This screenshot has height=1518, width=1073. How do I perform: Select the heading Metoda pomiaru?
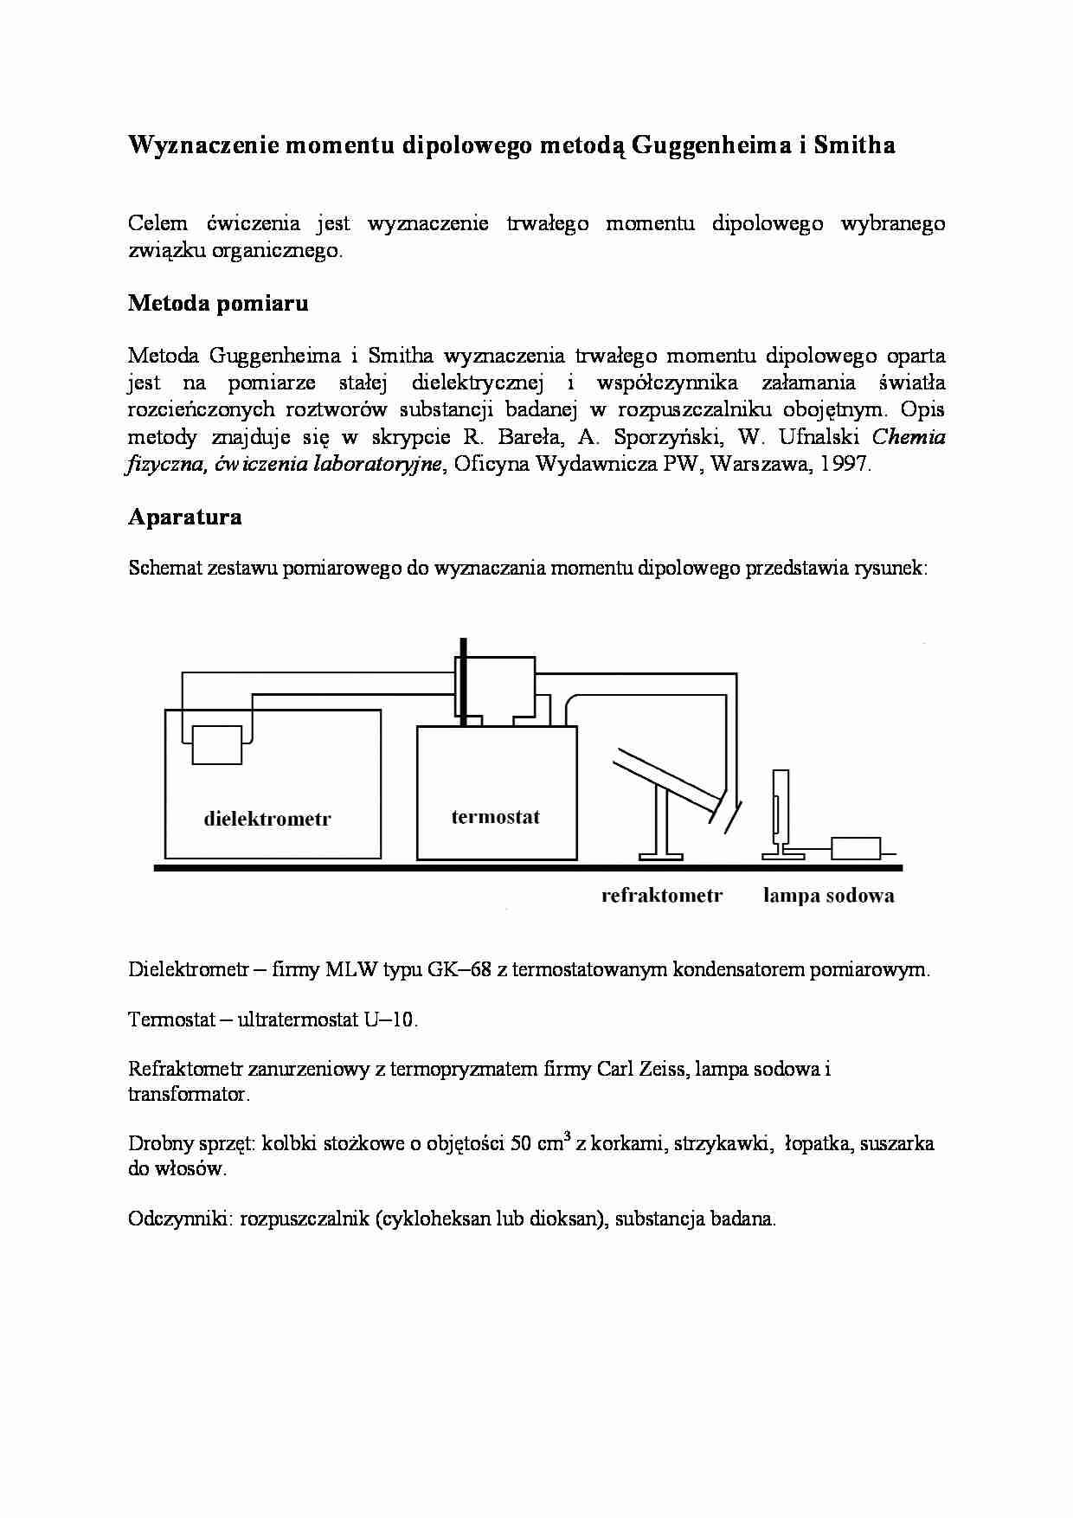(218, 303)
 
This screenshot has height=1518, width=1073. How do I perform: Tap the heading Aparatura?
(185, 517)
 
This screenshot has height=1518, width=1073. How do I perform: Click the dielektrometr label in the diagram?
(267, 819)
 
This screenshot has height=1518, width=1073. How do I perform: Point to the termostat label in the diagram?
(496, 816)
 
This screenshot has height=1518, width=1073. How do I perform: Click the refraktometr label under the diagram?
(662, 896)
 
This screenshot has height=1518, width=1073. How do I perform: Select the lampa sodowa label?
(828, 896)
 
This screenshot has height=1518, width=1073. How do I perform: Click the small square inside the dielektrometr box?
(216, 745)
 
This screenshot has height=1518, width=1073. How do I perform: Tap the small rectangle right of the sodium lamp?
(856, 848)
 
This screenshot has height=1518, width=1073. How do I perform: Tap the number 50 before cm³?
(522, 1143)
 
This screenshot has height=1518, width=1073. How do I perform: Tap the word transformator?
(189, 1094)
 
